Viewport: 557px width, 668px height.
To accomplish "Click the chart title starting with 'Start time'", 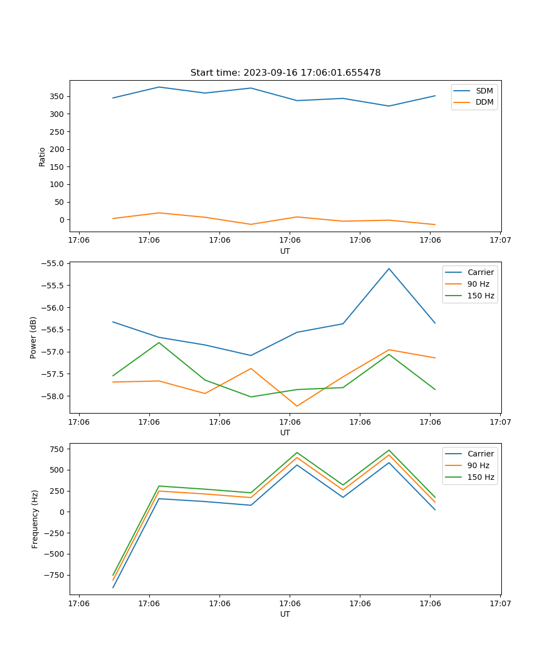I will click(x=285, y=73).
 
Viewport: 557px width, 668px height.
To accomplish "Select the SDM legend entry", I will click(x=484, y=91).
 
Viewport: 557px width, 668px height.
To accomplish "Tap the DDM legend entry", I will click(x=485, y=102).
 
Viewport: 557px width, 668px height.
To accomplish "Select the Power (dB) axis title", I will click(x=33, y=337).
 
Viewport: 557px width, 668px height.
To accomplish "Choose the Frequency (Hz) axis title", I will click(x=35, y=519).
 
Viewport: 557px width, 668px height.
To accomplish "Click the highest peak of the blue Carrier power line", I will click(x=389, y=268).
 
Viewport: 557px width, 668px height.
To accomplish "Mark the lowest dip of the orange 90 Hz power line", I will click(x=297, y=406).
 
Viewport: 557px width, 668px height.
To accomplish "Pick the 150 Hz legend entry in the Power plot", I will click(x=481, y=296).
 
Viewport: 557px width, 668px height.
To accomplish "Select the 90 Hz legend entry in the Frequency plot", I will click(x=478, y=465).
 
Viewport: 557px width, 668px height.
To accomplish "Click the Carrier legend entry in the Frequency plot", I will click(x=480, y=454).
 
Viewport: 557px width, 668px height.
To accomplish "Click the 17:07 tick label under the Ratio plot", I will click(x=500, y=240).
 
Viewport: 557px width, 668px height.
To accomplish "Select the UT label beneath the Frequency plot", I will click(x=285, y=614).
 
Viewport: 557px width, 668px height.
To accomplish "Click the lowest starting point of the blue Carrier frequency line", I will click(x=113, y=587).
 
